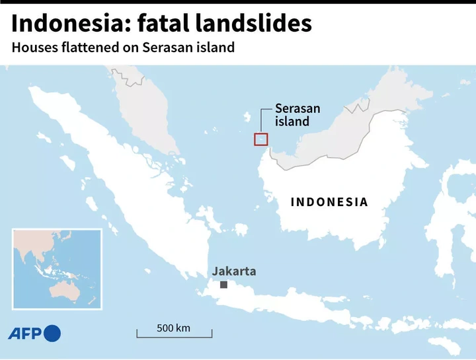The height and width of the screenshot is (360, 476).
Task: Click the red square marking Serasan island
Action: (260, 139)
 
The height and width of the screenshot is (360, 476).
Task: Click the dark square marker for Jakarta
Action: (224, 285)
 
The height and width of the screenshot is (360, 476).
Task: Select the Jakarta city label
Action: (233, 271)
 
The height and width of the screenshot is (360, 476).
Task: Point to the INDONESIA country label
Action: (329, 202)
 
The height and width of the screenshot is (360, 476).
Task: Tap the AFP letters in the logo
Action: (25, 334)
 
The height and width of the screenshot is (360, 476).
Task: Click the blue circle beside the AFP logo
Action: (52, 334)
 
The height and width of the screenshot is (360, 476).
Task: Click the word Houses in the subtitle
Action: (32, 49)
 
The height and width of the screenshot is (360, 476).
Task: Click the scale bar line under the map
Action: (174, 336)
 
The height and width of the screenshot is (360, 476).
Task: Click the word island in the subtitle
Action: (218, 49)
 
